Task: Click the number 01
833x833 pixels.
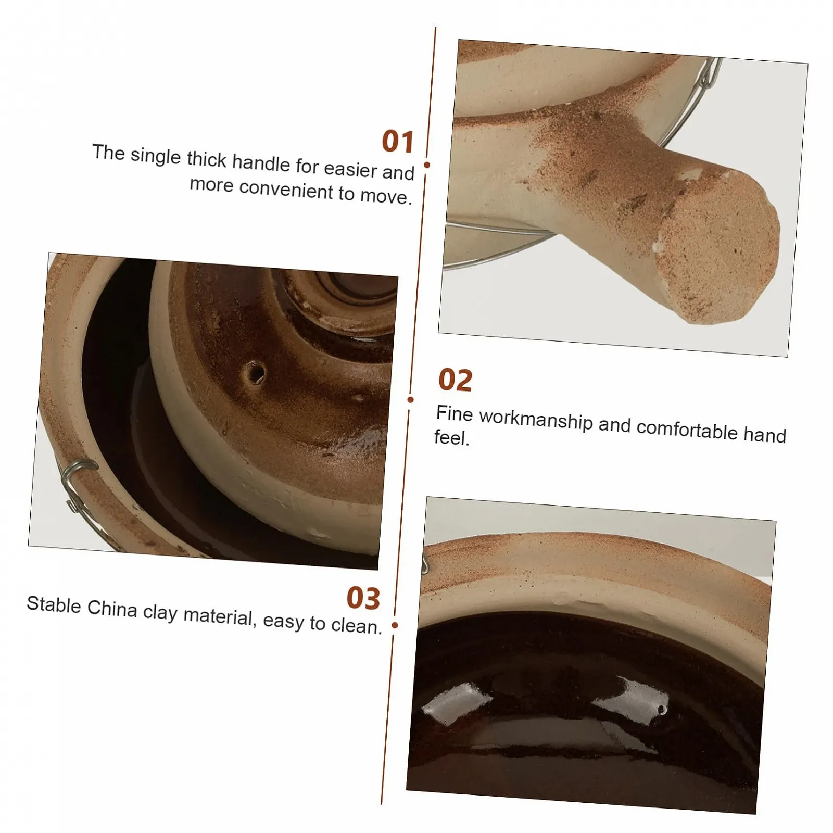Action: pos(398,142)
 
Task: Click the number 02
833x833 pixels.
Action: pos(456,380)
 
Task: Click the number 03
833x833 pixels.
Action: pos(363,598)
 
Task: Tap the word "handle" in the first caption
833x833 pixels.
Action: pos(261,163)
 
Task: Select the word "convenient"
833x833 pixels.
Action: pos(286,190)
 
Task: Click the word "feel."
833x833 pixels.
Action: pos(452,438)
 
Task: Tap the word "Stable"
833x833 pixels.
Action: pos(54,604)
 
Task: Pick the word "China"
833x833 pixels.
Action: pos(112,608)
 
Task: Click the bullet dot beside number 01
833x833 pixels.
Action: pos(427,165)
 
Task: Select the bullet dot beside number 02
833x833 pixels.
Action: pos(411,400)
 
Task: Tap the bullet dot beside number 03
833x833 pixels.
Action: pos(395,625)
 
